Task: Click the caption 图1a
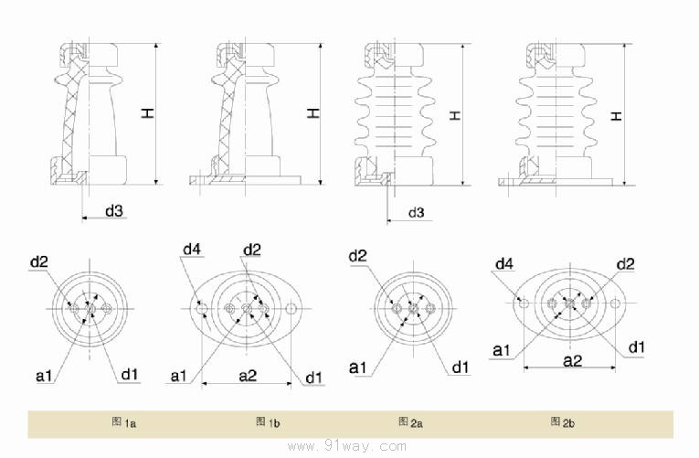(x=123, y=422)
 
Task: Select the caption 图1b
(x=267, y=422)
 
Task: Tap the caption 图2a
(x=409, y=422)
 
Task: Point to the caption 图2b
(x=561, y=421)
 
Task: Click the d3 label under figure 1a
(x=113, y=211)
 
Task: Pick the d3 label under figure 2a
(x=415, y=213)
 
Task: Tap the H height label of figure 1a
(x=147, y=112)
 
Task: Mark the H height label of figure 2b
(x=618, y=115)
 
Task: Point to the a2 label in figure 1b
(x=247, y=375)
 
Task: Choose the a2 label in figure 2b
(x=572, y=361)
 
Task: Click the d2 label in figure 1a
(x=38, y=263)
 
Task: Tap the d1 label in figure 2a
(x=461, y=367)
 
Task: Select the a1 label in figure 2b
(x=502, y=350)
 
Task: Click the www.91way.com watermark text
(x=346, y=446)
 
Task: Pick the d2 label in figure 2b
(x=625, y=264)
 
